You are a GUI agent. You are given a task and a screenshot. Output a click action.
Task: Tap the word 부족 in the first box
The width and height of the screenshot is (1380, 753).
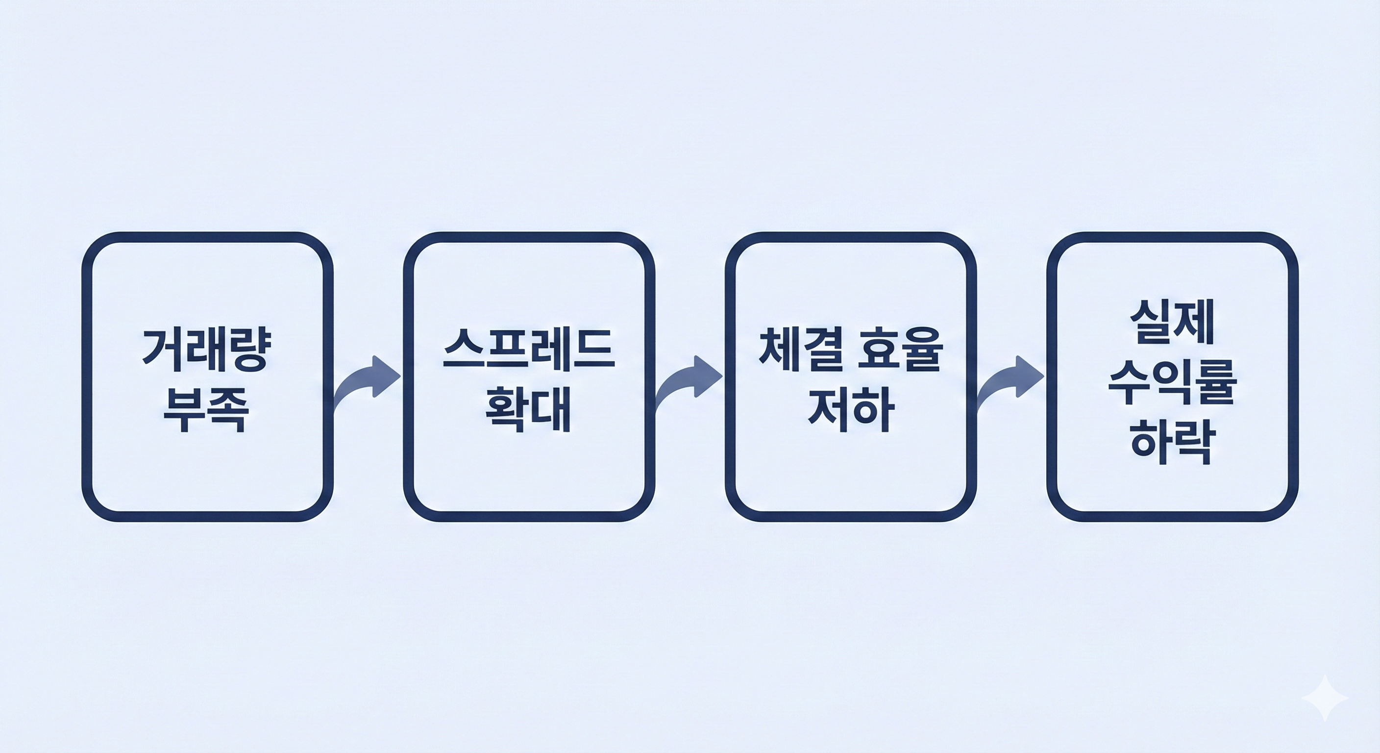click(x=207, y=410)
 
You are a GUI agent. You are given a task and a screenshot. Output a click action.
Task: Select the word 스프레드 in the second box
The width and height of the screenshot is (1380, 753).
click(x=529, y=350)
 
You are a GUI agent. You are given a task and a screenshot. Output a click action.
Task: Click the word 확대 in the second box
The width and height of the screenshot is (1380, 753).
click(x=529, y=410)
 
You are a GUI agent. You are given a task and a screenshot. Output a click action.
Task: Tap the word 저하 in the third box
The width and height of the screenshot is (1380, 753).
click(x=851, y=410)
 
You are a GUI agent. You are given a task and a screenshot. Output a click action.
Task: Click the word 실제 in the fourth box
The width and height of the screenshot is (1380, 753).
click(x=1172, y=322)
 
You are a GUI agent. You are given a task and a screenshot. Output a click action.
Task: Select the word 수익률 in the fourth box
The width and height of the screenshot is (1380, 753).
click(x=1172, y=382)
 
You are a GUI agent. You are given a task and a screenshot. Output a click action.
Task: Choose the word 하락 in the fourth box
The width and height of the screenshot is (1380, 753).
click(x=1172, y=443)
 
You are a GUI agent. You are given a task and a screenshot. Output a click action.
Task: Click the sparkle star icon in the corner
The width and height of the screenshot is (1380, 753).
click(x=1324, y=698)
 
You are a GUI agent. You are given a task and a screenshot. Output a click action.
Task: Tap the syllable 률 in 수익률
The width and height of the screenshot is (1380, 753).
click(x=1214, y=382)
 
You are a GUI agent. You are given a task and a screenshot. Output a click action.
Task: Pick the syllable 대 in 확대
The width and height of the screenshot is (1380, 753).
click(x=550, y=410)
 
